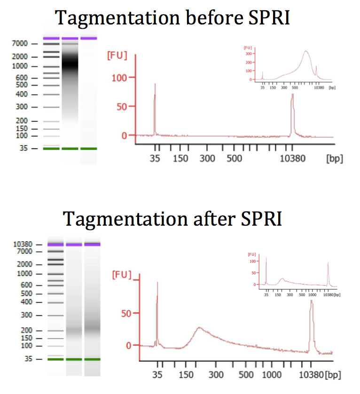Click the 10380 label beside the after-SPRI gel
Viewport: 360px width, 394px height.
(x=23, y=244)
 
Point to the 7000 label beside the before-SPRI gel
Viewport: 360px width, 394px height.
(x=21, y=44)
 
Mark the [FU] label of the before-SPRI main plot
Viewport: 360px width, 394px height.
(x=117, y=55)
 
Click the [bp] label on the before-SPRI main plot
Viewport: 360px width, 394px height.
(x=335, y=158)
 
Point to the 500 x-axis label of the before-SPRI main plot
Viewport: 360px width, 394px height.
(x=234, y=158)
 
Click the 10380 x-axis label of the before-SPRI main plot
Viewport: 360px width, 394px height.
(x=292, y=158)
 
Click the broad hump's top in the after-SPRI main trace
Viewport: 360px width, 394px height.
(x=199, y=328)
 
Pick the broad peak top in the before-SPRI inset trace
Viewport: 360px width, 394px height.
(x=306, y=51)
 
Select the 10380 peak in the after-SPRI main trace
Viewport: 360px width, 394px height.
(x=311, y=303)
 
